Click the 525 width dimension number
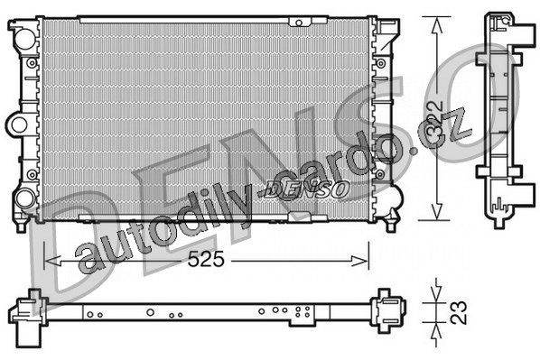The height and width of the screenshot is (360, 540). [x=206, y=259]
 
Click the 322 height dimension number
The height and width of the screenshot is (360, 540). [x=434, y=123]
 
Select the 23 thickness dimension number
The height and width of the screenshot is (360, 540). [x=459, y=312]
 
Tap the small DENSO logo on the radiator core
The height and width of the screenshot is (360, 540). [x=306, y=189]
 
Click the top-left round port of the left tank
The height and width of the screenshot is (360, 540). [x=25, y=39]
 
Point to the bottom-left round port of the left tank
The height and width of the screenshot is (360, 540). [x=24, y=198]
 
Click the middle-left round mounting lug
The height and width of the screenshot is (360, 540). [x=18, y=125]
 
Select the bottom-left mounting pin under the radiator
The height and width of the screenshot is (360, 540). [x=22, y=225]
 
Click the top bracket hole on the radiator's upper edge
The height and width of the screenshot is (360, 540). [x=299, y=23]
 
